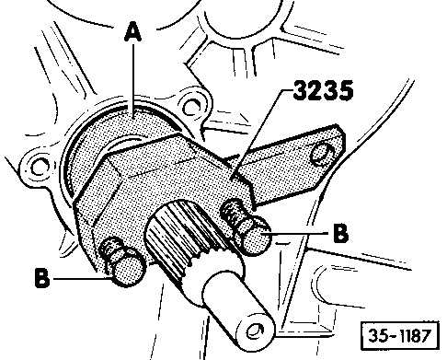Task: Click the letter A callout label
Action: coord(132,33)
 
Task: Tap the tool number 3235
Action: coord(324,90)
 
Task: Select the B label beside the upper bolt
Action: coord(340,233)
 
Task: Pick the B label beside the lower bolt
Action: coord(42,278)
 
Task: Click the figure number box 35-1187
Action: coord(400,335)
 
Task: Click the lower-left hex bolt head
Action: coord(128,269)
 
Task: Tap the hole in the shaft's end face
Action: coord(255,331)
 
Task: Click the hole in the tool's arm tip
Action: coord(322,153)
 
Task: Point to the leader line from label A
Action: coord(133,80)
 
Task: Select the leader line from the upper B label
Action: coord(297,234)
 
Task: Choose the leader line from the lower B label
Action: coord(84,278)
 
